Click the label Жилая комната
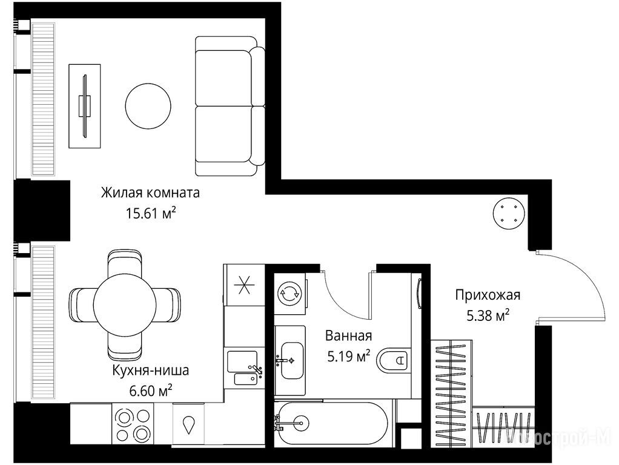click(x=150, y=193)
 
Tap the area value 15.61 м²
click(x=150, y=213)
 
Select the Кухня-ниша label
click(x=150, y=371)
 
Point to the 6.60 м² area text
click(x=150, y=391)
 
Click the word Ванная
click(x=349, y=336)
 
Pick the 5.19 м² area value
click(x=349, y=357)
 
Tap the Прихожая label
click(x=488, y=295)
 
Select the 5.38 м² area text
click(x=488, y=315)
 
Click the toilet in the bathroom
click(x=392, y=360)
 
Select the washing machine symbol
click(x=290, y=293)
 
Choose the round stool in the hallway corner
click(x=509, y=213)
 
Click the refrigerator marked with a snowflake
click(x=243, y=284)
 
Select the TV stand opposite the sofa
click(x=84, y=106)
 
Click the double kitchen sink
click(x=244, y=368)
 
